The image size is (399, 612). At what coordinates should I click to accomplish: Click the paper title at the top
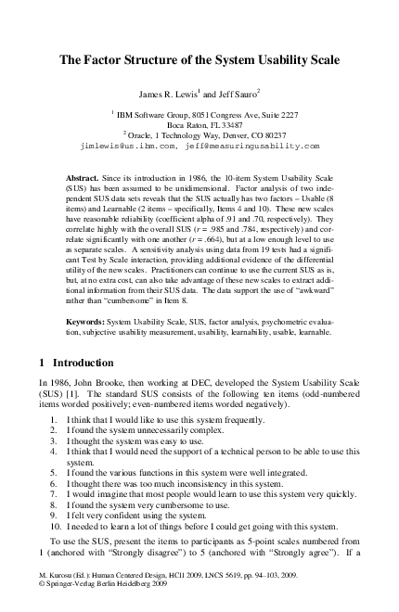[199, 61]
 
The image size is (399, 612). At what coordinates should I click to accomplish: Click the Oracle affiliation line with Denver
[199, 134]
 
